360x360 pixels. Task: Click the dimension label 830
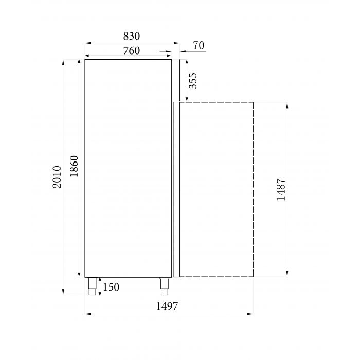coord(132,36)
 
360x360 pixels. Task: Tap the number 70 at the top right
coord(199,46)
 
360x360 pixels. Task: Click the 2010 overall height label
coord(58,177)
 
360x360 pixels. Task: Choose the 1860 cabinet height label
coord(74,167)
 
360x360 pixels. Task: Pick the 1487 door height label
coord(281,189)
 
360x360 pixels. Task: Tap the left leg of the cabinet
coord(93,286)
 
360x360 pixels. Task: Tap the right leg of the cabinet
coord(164,286)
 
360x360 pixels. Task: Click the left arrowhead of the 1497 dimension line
coord(87,313)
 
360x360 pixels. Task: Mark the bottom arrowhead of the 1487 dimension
coord(287,274)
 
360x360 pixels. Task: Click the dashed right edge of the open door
coord(253,189)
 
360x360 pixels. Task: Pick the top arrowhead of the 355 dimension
coord(182,62)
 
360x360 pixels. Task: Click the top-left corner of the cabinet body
coord(85,60)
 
